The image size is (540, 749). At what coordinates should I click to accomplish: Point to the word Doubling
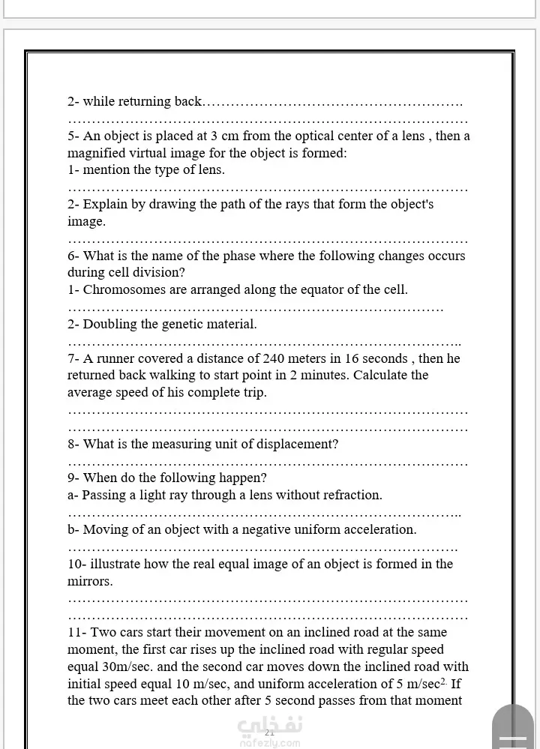109,325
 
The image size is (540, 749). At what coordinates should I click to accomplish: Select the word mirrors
89,581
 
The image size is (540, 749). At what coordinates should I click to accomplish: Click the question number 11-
77,632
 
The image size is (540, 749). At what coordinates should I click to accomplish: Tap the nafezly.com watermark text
269,743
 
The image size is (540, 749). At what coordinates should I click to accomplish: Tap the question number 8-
73,444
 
